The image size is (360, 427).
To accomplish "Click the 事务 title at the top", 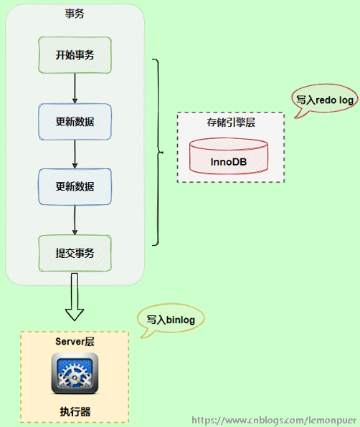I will click(x=75, y=14).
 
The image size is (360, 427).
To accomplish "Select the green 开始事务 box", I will click(x=75, y=55).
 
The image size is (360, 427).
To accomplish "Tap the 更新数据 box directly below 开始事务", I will click(x=75, y=121).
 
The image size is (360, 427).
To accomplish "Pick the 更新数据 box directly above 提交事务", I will click(x=75, y=187).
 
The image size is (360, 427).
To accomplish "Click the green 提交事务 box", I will click(x=75, y=253).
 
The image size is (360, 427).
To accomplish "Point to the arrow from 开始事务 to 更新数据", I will click(x=75, y=88).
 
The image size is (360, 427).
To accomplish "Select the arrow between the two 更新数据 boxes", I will click(x=75, y=154).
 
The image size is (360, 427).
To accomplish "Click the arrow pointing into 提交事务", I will click(x=75, y=220).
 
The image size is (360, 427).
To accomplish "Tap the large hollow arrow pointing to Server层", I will click(x=75, y=299).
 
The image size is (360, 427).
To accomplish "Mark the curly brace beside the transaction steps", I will click(x=159, y=153).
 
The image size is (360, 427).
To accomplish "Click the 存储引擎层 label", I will click(x=230, y=123).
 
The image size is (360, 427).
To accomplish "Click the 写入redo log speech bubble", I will click(x=325, y=101).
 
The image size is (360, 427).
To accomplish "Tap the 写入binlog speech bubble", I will click(x=171, y=320).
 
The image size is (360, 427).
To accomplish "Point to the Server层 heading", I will click(x=75, y=341).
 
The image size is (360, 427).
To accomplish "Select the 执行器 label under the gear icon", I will click(x=75, y=412).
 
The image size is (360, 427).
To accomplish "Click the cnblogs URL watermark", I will click(x=275, y=420).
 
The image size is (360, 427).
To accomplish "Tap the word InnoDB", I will click(x=229, y=161).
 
